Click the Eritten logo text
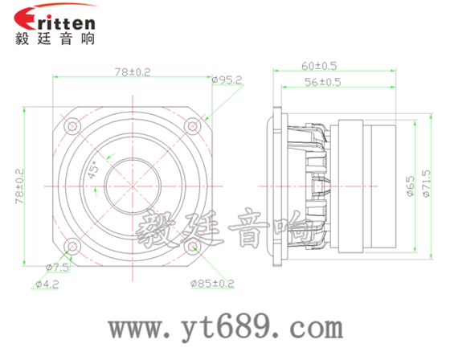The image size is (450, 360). click(x=55, y=18)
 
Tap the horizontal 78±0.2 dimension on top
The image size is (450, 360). click(x=133, y=72)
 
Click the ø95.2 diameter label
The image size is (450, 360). click(x=227, y=80)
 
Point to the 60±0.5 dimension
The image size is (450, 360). click(x=319, y=64)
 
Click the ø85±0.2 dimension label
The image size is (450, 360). click(x=212, y=283)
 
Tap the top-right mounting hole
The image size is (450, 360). click(x=193, y=125)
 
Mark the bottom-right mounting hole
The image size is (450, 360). click(x=193, y=247)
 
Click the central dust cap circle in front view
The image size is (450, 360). click(x=133, y=186)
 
